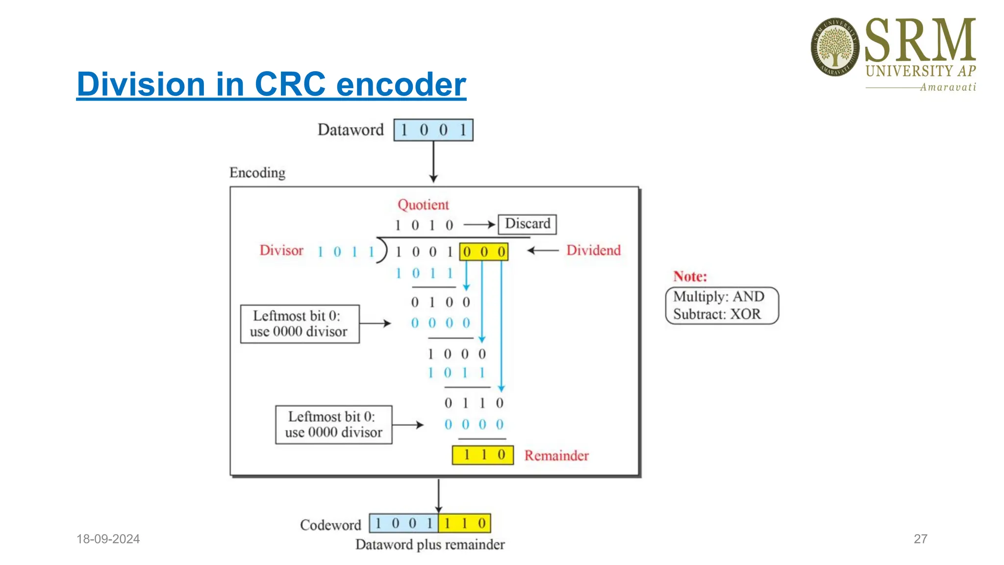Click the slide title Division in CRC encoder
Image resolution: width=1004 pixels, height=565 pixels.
(271, 84)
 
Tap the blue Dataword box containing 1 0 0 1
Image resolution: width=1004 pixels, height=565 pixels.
(433, 130)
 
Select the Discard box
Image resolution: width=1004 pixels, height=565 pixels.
(527, 224)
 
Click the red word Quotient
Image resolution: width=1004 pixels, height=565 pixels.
(423, 205)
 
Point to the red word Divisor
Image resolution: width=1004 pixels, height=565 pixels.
(281, 251)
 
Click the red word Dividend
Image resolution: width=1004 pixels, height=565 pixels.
(593, 251)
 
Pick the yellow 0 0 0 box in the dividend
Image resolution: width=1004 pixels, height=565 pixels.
(483, 252)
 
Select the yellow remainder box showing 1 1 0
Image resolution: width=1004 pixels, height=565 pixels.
(482, 455)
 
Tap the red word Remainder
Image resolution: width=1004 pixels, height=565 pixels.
(556, 456)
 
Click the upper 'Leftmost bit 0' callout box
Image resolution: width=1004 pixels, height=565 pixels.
(300, 324)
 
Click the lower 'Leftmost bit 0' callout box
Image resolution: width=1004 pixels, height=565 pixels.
(333, 425)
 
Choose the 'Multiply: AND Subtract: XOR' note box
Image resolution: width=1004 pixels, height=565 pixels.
(721, 306)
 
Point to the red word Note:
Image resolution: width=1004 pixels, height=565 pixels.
(690, 277)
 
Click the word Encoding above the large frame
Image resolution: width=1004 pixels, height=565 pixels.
(257, 173)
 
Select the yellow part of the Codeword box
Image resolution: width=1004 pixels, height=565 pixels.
(464, 523)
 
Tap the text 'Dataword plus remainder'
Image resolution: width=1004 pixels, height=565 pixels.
(430, 545)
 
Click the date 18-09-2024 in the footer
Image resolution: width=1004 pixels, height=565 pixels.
(108, 539)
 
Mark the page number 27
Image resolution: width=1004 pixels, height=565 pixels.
(920, 539)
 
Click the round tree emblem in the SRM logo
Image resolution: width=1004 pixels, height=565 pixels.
(835, 47)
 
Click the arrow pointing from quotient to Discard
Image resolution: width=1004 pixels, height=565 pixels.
(479, 225)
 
